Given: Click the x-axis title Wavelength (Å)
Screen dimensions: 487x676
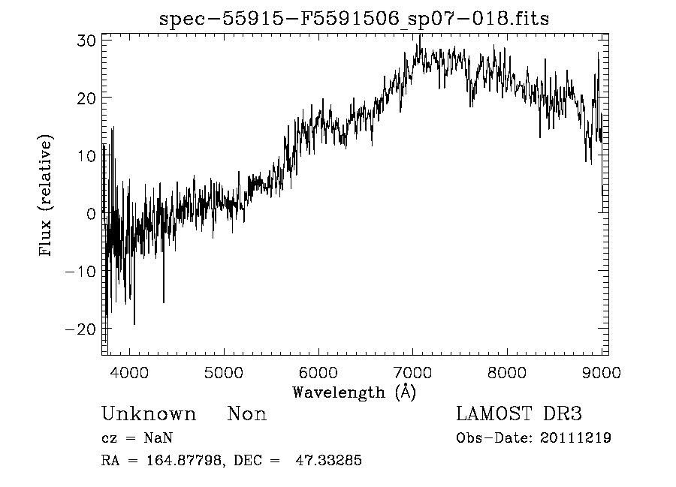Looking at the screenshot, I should pos(354,392).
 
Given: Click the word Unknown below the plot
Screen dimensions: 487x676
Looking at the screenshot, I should pos(148,414).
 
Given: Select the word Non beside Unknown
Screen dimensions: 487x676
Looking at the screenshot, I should pos(247,414).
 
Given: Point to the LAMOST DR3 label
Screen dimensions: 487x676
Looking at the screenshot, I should pos(519,414).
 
